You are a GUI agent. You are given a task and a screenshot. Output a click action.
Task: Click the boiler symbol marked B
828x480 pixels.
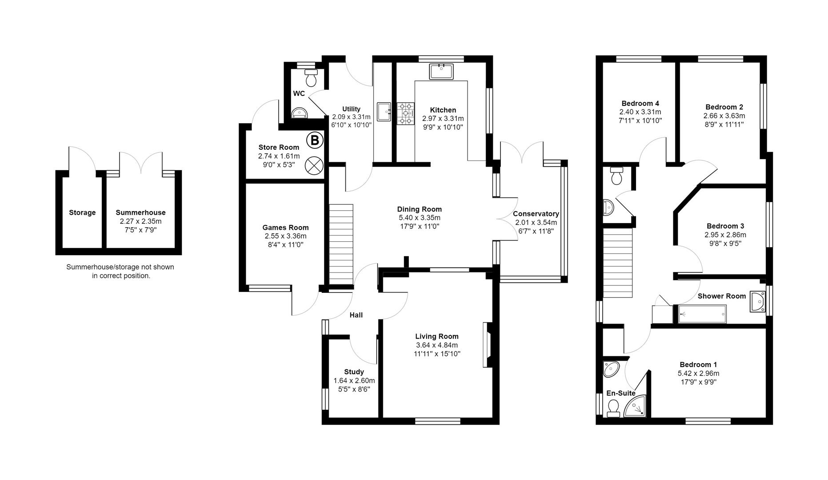315,141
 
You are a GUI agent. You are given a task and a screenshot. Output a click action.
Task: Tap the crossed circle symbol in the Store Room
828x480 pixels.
314,166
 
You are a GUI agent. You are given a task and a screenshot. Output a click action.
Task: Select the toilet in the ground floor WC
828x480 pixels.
311,78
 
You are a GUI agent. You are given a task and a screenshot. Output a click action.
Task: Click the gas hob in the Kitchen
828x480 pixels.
405,113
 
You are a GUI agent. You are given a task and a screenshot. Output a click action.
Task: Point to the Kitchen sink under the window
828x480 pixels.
441,71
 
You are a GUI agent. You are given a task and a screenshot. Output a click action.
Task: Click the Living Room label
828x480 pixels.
437,336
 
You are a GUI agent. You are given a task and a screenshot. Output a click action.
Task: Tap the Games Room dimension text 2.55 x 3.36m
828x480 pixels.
285,236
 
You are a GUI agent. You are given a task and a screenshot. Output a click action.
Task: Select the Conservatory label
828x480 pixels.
536,214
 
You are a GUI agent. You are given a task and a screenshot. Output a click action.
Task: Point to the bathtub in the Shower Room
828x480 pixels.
702,314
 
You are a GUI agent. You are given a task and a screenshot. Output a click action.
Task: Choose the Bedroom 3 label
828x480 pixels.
725,226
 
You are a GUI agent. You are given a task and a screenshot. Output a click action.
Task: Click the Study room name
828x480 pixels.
354,372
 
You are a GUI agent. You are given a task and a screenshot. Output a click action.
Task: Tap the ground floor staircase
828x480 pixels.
341,244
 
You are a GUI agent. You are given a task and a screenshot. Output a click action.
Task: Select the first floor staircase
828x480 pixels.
617,263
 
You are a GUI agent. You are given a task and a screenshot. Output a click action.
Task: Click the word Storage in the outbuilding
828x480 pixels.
82,212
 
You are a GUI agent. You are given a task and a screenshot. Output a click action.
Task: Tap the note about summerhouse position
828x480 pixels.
120,271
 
